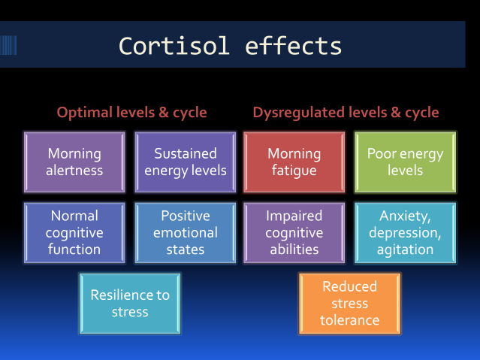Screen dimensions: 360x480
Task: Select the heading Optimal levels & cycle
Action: pyautogui.click(x=132, y=113)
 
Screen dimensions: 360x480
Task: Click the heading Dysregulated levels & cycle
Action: pyautogui.click(x=346, y=113)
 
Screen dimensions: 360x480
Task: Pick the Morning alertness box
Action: pyautogui.click(x=74, y=162)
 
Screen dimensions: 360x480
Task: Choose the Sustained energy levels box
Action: pyautogui.click(x=185, y=162)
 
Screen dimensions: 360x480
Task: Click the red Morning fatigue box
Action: pyautogui.click(x=294, y=162)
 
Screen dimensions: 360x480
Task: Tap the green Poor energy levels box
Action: pyautogui.click(x=405, y=162)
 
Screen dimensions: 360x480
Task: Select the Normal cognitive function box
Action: pyautogui.click(x=74, y=232)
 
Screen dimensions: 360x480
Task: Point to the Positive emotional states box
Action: pyautogui.click(x=185, y=232)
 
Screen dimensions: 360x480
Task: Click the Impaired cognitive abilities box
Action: pyautogui.click(x=294, y=232)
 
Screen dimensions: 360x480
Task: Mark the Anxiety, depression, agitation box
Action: pyautogui.click(x=405, y=232)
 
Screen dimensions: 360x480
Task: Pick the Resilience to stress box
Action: pyautogui.click(x=130, y=303)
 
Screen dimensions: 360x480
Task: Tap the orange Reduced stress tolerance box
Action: pyautogui.click(x=349, y=303)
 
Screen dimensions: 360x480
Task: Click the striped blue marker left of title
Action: pyautogui.click(x=8, y=45)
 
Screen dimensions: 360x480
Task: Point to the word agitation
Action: pyautogui.click(x=405, y=250)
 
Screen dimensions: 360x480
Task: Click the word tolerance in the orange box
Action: pyautogui.click(x=349, y=320)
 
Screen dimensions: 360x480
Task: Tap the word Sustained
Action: pyautogui.click(x=185, y=153)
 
